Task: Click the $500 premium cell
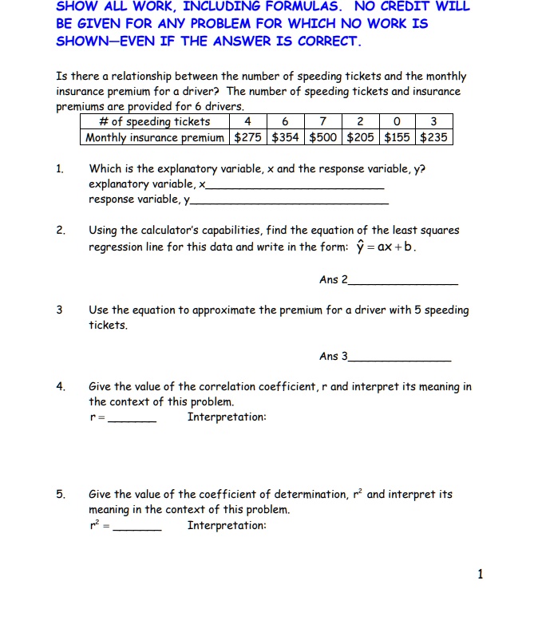(x=324, y=137)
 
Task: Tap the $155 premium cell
(x=398, y=137)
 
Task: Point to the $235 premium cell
(x=433, y=137)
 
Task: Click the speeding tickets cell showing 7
(x=324, y=121)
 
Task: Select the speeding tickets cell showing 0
(x=398, y=121)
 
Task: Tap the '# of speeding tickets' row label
(x=155, y=121)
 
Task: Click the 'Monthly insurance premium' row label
(x=155, y=137)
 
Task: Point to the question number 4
(x=60, y=387)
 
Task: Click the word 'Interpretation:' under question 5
(x=227, y=525)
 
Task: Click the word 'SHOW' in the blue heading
(x=76, y=6)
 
